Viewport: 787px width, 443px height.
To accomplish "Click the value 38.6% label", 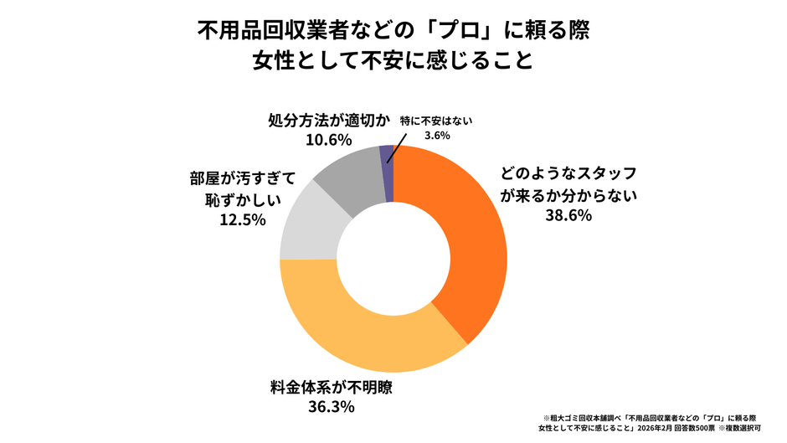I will [x=569, y=215].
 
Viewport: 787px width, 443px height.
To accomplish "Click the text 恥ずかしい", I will [x=239, y=200].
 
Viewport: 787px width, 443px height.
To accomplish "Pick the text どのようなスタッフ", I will [x=569, y=175].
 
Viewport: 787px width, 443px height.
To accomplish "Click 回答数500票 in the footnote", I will [x=682, y=427].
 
